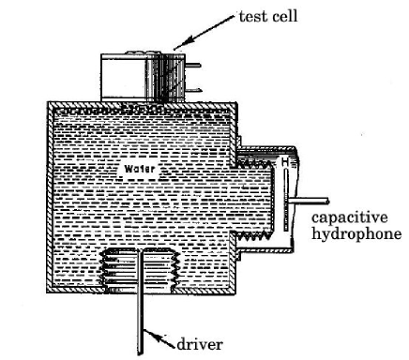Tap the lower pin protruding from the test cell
(x=197, y=92)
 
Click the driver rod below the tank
(x=141, y=309)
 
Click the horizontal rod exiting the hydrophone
(x=309, y=201)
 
